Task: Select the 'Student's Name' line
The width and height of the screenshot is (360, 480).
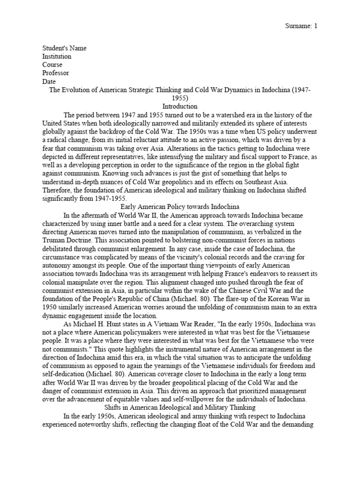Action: (x=64, y=48)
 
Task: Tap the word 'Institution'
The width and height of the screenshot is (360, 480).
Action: (x=57, y=56)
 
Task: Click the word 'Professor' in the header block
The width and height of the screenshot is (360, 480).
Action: (x=55, y=73)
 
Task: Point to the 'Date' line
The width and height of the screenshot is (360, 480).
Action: (x=49, y=82)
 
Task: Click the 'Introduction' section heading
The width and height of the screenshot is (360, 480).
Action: (x=180, y=107)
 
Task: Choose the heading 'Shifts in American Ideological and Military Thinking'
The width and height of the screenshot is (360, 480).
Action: (x=180, y=408)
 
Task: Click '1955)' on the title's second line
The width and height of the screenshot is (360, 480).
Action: (x=180, y=98)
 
